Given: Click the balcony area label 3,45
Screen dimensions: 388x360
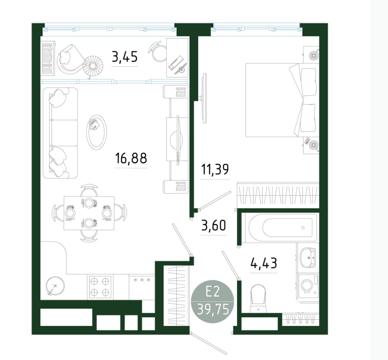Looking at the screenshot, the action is tap(124, 57).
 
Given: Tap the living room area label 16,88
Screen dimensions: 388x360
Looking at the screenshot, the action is tap(131, 158).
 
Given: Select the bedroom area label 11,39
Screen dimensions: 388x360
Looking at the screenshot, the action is tap(215, 169).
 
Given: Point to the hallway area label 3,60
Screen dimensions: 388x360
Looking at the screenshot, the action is tap(214, 225).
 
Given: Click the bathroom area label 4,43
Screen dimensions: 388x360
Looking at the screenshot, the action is tap(264, 263).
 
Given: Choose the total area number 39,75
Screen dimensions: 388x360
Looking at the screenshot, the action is tap(213, 309).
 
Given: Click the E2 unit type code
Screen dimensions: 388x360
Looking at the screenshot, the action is tap(213, 293).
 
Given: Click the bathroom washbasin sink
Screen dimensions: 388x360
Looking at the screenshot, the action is tap(308, 257).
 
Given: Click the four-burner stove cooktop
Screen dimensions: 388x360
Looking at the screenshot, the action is tap(100, 287).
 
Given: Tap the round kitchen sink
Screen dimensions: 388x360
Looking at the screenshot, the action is tap(55, 285).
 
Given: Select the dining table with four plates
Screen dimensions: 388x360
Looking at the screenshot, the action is tap(89, 213).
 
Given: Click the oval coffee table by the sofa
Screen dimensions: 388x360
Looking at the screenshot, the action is tap(96, 132).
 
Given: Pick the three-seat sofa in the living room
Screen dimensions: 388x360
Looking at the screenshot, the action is tap(60, 133).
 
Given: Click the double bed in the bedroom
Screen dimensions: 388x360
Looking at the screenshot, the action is tap(282, 100).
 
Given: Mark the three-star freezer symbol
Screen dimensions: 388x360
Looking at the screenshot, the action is tap(142, 280).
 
